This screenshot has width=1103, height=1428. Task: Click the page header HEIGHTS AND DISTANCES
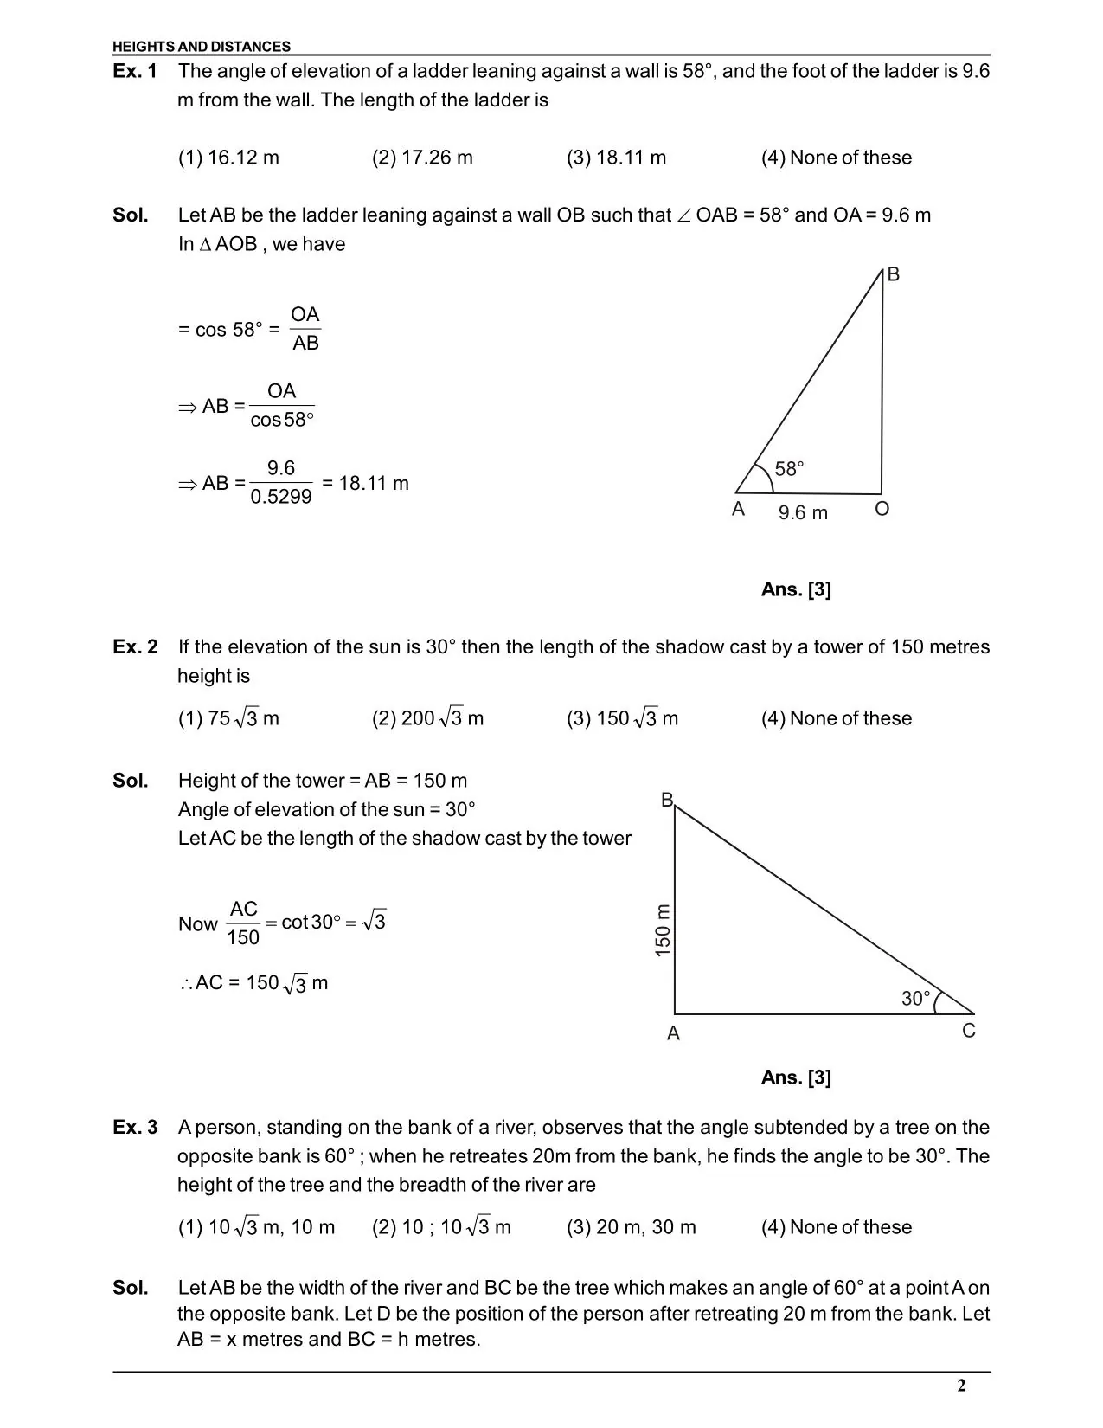202,47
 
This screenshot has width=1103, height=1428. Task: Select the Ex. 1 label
135,71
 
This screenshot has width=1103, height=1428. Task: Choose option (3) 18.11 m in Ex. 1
616,158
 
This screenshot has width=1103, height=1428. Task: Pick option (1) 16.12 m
228,158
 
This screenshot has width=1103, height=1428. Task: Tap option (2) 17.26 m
422,158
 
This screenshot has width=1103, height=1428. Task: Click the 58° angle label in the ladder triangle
789,469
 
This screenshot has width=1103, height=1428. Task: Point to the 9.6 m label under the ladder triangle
803,513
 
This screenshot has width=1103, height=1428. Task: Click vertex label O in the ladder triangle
882,509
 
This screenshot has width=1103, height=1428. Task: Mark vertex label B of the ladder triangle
894,274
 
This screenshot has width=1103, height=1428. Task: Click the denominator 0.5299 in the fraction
281,497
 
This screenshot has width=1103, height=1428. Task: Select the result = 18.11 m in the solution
365,483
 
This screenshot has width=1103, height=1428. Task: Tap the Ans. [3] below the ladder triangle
796,589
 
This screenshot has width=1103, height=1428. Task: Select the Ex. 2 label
135,647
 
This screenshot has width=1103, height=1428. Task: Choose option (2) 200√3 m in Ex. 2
427,718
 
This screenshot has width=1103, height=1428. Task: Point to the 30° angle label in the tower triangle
916,999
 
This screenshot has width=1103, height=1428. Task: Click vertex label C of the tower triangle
969,1031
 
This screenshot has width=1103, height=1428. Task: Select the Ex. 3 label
135,1128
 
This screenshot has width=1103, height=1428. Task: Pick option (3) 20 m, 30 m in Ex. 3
631,1227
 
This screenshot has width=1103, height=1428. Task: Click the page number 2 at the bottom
961,1386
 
